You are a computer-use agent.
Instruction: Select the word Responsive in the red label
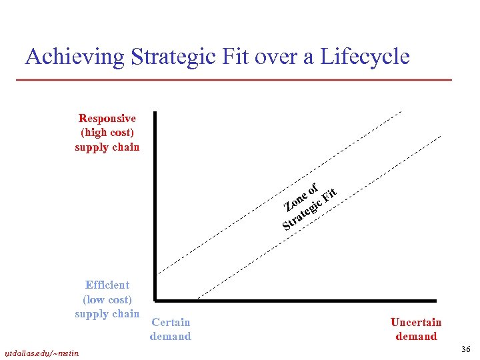pos(107,119)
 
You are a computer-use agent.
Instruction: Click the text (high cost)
pos(107,133)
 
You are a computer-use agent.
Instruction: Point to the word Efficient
pos(107,285)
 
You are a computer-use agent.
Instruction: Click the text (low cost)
pos(107,299)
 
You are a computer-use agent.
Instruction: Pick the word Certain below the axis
pos(171,323)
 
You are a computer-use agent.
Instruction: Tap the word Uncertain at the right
pos(416,323)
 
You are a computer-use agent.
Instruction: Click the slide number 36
pos(465,349)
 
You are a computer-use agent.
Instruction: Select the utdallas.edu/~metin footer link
pos(42,353)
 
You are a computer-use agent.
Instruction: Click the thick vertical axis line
pos(154,200)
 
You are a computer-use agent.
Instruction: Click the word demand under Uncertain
pos(416,337)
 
